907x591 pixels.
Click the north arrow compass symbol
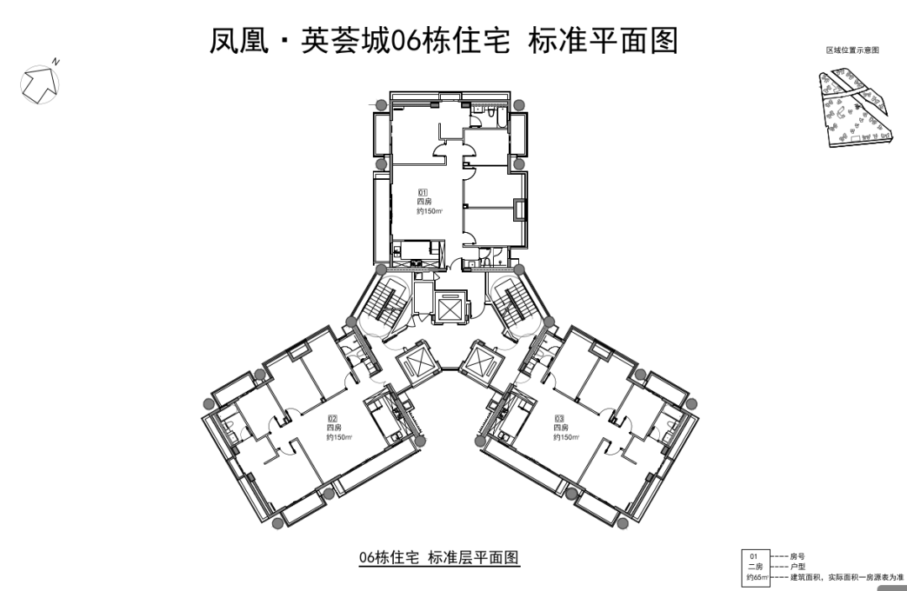(40, 82)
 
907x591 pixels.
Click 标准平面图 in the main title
(603, 40)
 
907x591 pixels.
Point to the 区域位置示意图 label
(852, 51)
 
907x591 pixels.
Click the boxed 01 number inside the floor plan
(423, 193)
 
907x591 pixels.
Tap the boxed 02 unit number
(333, 418)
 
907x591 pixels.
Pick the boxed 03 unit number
(559, 418)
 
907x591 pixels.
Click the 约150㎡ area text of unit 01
(429, 212)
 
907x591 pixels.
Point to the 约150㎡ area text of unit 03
(567, 437)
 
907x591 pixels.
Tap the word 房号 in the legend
(797, 557)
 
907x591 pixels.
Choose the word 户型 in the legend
(797, 567)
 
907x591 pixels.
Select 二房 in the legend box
(755, 567)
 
